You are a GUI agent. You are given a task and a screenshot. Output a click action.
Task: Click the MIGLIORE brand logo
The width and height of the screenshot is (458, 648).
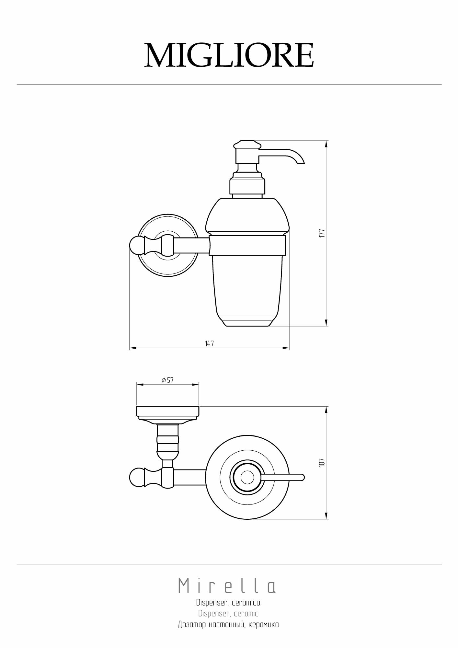point(229,55)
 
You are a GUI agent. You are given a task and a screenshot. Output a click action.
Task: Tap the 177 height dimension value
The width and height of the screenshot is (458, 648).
point(322,233)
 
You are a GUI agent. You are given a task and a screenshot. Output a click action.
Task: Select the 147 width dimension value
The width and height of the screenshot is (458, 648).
point(209,343)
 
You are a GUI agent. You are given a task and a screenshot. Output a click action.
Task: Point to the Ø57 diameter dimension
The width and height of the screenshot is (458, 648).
point(167,380)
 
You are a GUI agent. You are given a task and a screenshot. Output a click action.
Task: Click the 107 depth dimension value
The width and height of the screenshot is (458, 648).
point(322,462)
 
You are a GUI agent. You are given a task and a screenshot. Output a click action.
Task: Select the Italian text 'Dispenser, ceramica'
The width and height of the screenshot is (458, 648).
point(228,603)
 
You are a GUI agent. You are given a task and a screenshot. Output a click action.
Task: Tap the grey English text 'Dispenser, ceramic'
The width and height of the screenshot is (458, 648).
point(228,614)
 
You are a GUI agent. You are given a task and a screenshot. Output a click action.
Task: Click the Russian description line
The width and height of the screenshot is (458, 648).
point(228,625)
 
